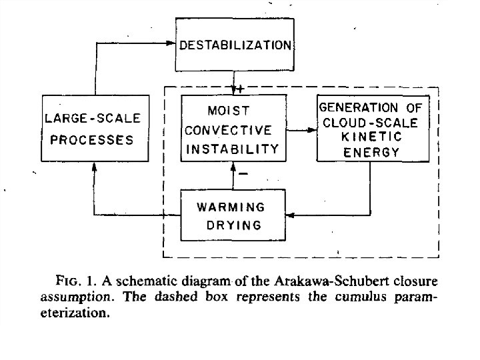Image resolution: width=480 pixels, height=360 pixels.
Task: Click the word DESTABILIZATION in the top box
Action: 235,46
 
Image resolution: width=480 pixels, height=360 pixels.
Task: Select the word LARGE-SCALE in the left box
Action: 93,118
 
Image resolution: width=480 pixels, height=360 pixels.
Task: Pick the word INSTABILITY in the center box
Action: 231,149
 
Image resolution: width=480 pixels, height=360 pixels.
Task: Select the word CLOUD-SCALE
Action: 370,123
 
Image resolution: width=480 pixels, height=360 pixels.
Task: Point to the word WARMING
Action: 231,207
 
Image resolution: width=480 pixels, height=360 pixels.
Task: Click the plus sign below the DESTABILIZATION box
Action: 243,89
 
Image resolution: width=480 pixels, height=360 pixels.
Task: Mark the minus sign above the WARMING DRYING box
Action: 243,175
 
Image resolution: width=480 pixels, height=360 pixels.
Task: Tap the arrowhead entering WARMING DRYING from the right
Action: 290,215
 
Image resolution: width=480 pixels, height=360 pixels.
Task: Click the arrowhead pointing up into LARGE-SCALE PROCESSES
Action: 94,167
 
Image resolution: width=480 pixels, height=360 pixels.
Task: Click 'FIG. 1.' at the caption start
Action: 75,275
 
